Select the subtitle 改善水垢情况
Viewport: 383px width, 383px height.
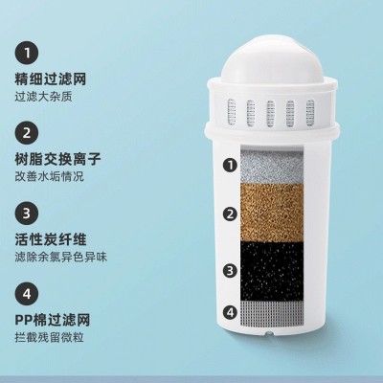(57, 178)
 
